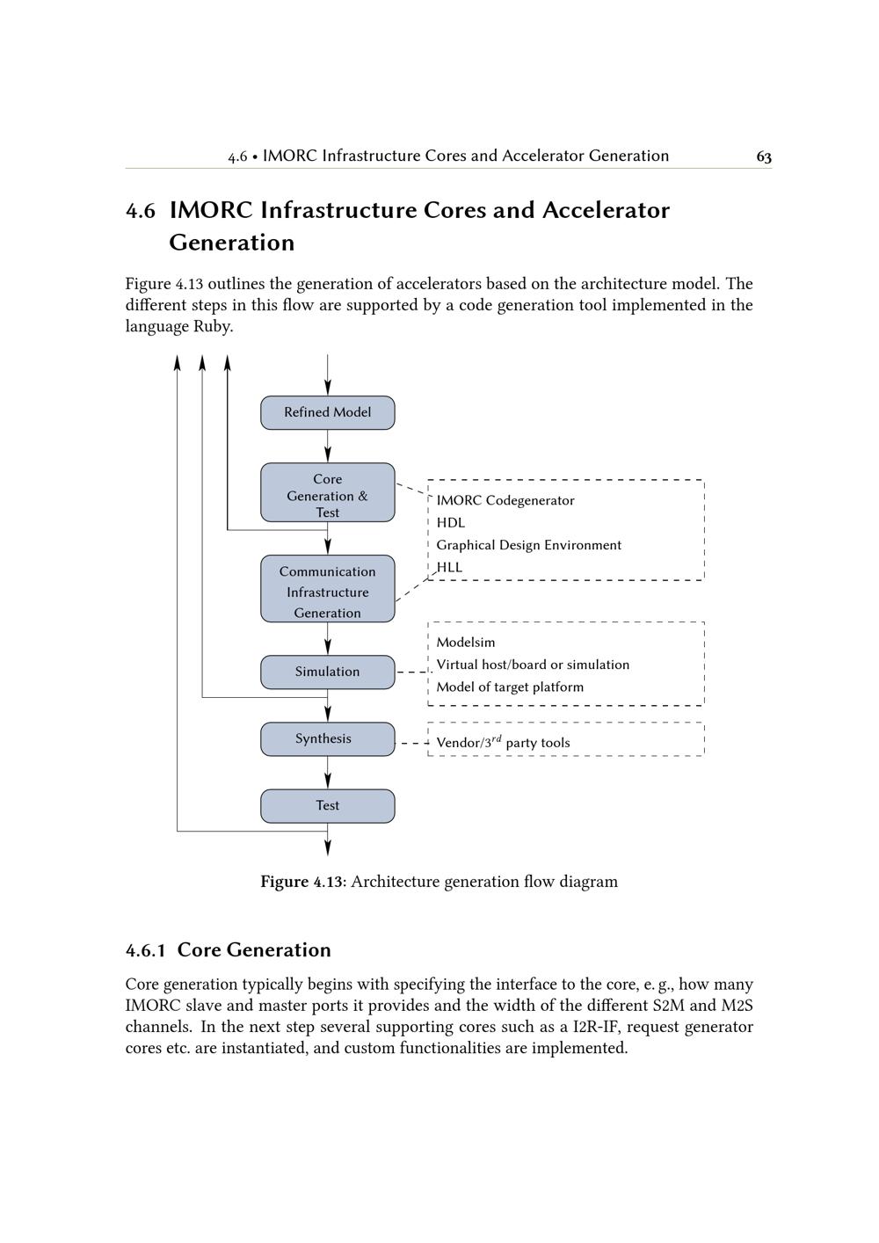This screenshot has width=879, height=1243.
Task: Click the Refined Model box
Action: [327, 412]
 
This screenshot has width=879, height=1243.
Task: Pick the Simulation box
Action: [327, 672]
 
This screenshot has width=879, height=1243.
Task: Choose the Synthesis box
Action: [327, 739]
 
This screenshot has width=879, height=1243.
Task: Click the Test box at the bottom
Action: [327, 806]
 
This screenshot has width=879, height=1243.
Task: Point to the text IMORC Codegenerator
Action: [505, 501]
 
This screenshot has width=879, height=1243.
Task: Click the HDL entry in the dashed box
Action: [451, 523]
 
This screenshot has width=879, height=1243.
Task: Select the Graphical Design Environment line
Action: [528, 545]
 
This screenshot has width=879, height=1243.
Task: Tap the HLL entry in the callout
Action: [449, 568]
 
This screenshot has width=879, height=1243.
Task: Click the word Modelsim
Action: [466, 643]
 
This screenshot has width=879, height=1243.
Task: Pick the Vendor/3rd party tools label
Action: [503, 743]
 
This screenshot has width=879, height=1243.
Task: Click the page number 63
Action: [764, 157]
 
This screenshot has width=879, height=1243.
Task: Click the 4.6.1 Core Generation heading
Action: [229, 950]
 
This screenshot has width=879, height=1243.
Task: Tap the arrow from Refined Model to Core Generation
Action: [328, 447]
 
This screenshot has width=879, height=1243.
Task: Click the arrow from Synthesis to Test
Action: [328, 773]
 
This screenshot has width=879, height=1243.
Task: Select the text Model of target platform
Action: [510, 687]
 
